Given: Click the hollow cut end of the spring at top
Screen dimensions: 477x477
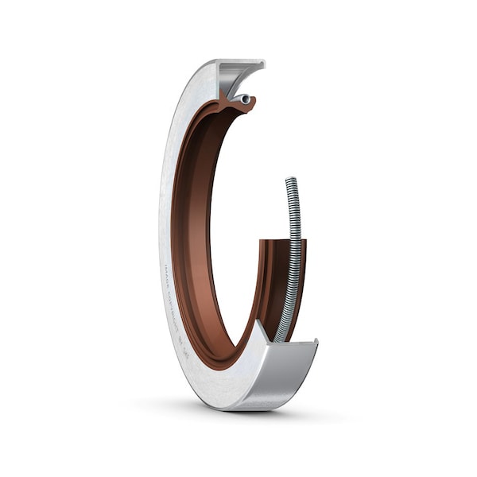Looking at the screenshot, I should (246, 99).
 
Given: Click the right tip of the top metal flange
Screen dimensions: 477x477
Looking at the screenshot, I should (262, 63).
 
